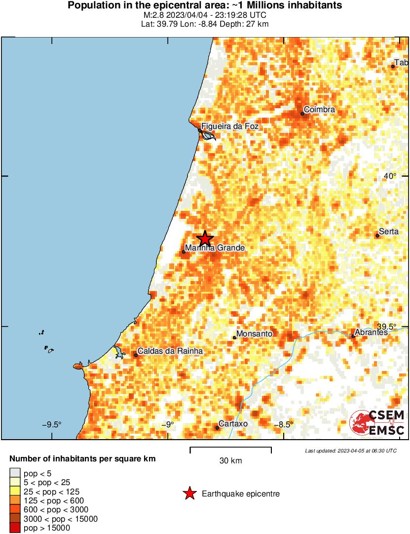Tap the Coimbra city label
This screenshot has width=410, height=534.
(319, 109)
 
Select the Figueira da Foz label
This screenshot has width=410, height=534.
(229, 126)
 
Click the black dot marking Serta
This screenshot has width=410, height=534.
(377, 236)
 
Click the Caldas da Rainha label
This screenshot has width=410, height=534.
(170, 351)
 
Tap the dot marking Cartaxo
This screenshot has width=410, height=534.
(217, 428)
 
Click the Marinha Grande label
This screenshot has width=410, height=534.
(215, 248)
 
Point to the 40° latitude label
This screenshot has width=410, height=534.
(390, 176)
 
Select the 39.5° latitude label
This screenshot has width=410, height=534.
(387, 327)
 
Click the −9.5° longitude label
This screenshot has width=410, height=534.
(51, 424)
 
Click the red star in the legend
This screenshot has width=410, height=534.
(189, 493)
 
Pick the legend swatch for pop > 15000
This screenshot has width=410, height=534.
(15, 528)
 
